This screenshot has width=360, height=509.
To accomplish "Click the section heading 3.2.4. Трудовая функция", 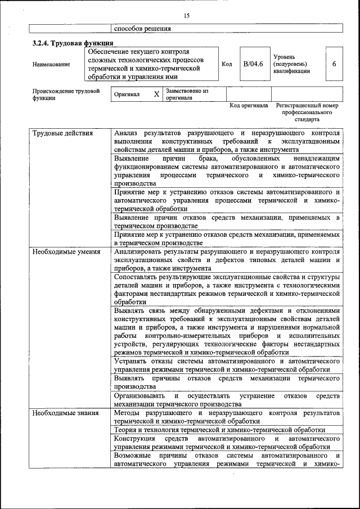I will tap(73, 43).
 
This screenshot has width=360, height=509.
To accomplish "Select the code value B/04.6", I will tap(253, 64).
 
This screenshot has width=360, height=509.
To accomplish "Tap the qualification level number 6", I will tap(334, 64).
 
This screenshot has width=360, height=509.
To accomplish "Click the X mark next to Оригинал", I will tap(156, 94).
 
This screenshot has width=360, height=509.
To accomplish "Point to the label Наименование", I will tap(52, 64).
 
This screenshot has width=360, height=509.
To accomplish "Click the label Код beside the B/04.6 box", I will tap(227, 64).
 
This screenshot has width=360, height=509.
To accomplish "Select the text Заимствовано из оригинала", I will tap(187, 94).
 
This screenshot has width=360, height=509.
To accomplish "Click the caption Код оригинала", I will tap(249, 105).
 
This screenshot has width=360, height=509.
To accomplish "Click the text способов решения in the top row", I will tap(142, 29).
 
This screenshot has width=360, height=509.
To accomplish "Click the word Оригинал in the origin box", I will tap(127, 94).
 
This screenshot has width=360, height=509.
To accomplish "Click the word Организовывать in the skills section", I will tap(139, 396).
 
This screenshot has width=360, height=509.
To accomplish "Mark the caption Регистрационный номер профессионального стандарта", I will tap(307, 112).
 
